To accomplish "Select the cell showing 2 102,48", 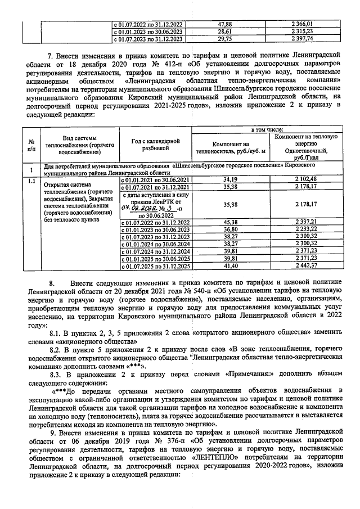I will tap(305, 178).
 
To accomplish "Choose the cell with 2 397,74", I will tap(305, 39).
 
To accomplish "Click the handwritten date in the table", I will tap(130, 207).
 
